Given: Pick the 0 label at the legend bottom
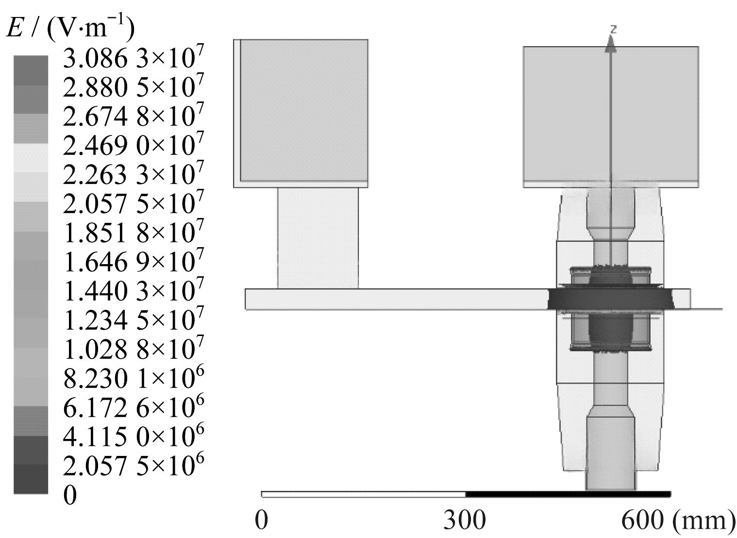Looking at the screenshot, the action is point(70,495).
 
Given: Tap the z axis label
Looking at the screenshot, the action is point(613,30).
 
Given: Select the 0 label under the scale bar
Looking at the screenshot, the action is point(262,520).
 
